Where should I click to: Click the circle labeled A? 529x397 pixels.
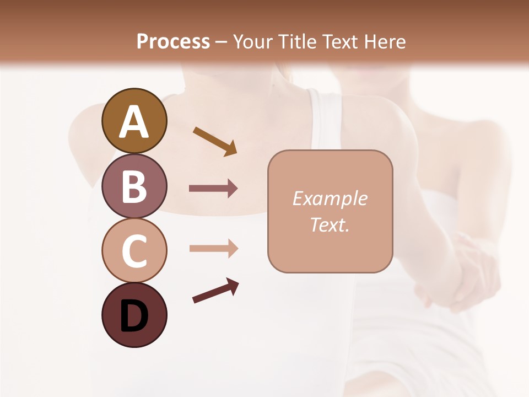point(134,121)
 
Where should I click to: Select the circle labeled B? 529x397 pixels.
point(134,186)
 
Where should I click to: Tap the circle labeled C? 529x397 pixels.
point(134,250)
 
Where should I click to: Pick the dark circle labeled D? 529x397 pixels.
point(134,315)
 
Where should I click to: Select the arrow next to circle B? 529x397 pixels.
point(213,189)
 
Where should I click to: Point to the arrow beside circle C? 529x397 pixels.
point(213,249)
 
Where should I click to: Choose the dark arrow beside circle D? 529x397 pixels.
point(215,291)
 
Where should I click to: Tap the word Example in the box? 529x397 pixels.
point(330,198)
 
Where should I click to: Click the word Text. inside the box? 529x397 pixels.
point(330,224)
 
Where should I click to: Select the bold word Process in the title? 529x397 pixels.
point(173,41)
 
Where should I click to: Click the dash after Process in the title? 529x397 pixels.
point(221,42)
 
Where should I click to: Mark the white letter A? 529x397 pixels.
point(134,121)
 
